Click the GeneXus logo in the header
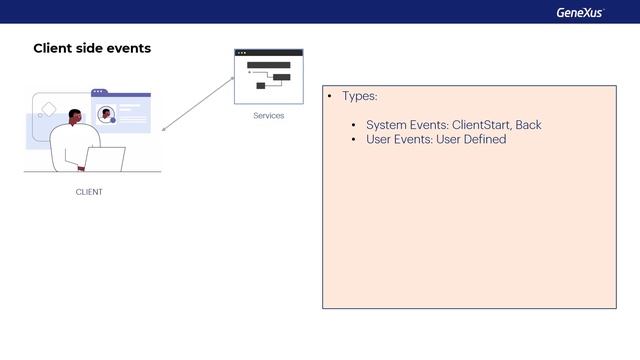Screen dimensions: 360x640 (580, 12)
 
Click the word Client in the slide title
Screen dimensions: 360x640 (54, 48)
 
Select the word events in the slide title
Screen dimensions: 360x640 (129, 48)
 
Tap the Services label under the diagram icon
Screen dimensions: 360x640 (268, 116)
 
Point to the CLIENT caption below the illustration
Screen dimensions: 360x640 (89, 192)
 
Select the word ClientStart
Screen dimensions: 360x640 (481, 125)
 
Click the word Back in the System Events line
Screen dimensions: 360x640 (528, 125)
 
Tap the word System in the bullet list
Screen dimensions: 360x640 (386, 125)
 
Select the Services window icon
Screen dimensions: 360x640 (268, 76)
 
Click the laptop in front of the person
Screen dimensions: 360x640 (106, 159)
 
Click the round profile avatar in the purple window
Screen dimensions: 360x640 (106, 114)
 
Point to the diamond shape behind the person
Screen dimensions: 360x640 (47, 108)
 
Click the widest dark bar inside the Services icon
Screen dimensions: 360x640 (268, 65)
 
